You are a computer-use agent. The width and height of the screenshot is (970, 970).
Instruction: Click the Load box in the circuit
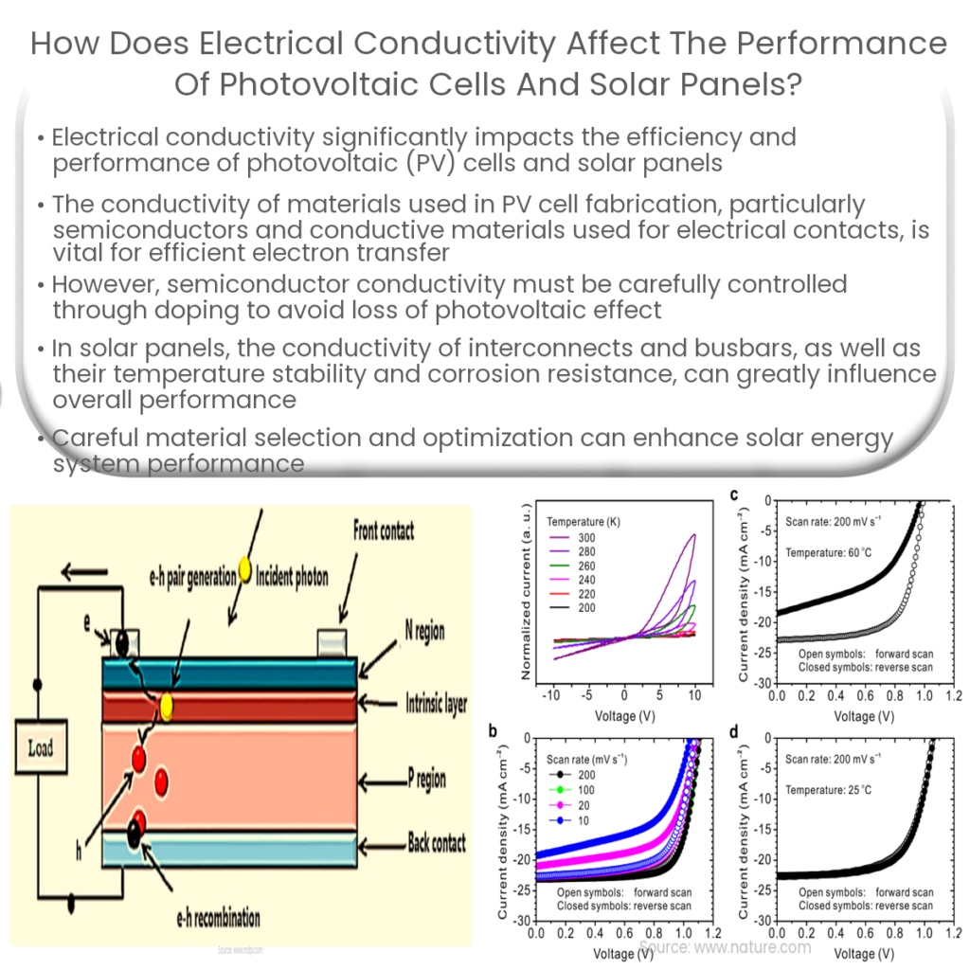(41, 748)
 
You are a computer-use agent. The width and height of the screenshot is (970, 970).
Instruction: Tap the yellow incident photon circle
(243, 569)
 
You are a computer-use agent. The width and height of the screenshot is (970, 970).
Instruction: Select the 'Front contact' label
(383, 530)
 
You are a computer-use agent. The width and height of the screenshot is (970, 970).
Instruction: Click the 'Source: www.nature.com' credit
(725, 946)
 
